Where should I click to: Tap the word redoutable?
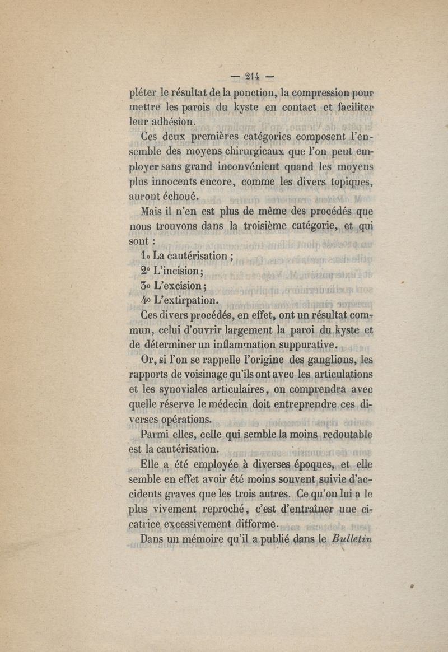[346, 435]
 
